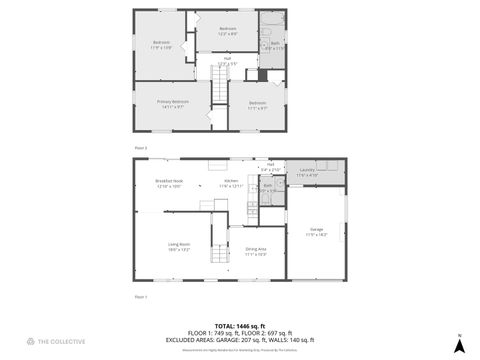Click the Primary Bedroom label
[x=172, y=102]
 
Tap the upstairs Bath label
[x=275, y=44]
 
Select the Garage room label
[x=316, y=229]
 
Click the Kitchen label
[x=231, y=182]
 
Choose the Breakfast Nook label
[x=168, y=182]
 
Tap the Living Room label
[x=179, y=246]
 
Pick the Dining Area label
[x=255, y=251]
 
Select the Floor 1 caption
[x=141, y=297]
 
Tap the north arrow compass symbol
[x=459, y=345]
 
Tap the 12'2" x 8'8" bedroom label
[x=228, y=30]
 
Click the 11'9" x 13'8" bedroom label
[x=161, y=44]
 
